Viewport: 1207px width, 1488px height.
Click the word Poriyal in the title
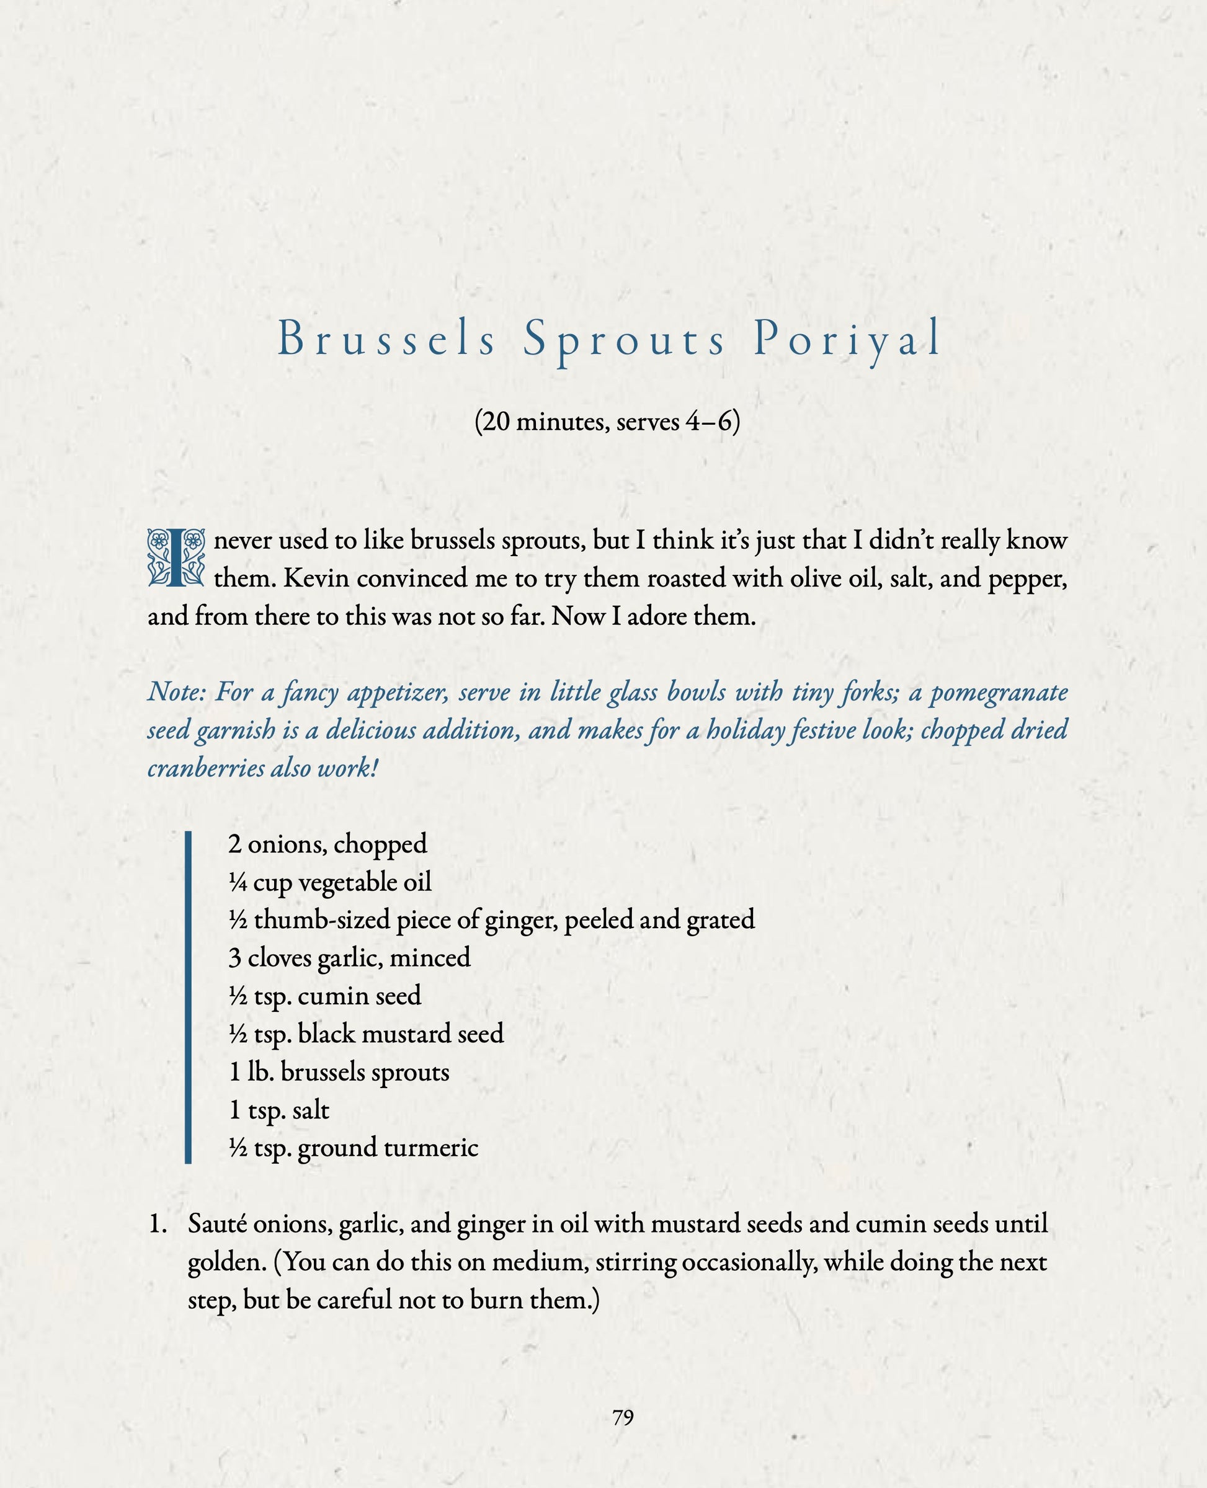click(x=847, y=340)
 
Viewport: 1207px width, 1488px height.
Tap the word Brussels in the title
click(x=386, y=340)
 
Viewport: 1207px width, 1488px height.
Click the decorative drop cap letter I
click(x=176, y=557)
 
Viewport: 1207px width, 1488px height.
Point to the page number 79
click(x=623, y=1417)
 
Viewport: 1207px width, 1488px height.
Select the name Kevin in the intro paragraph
click(x=316, y=578)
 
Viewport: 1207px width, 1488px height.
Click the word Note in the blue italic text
click(x=177, y=692)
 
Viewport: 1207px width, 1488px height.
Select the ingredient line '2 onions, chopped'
click(x=327, y=844)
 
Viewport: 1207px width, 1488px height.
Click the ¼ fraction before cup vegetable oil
click(x=238, y=883)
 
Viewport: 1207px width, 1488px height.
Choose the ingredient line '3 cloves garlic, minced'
click(x=349, y=959)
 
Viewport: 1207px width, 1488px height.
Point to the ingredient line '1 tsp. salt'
click(x=279, y=1110)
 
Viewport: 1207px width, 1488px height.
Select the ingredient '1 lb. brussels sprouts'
click(x=339, y=1073)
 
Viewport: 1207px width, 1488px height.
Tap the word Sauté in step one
click(x=217, y=1224)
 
